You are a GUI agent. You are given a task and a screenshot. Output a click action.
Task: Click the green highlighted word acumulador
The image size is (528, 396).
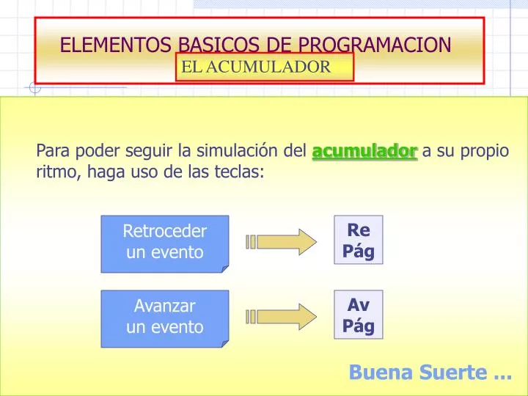click(364, 152)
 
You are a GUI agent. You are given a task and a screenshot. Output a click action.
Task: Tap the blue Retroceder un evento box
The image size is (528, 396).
click(164, 243)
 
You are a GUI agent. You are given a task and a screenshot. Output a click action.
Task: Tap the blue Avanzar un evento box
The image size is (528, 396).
click(164, 317)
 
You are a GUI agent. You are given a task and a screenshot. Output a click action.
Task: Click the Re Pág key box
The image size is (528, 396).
click(358, 241)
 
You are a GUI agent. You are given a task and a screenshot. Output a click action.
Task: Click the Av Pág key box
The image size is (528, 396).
click(358, 315)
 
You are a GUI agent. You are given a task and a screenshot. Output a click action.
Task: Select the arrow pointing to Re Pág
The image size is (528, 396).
click(283, 241)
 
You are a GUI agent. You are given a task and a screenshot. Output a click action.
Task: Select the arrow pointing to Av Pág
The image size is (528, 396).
click(283, 316)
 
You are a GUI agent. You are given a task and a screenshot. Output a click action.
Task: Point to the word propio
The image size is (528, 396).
click(484, 152)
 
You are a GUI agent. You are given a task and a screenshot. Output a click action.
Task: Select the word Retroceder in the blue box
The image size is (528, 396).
click(164, 232)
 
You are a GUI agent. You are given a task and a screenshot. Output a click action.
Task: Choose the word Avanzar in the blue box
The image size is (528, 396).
click(164, 306)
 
